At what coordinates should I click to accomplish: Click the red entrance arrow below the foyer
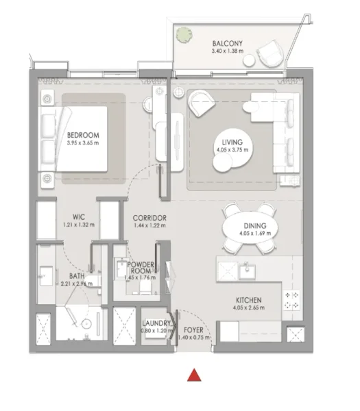tap(194, 375)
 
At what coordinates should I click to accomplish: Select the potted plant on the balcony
tap(184, 34)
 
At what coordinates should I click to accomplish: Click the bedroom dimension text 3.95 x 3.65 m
tap(83, 143)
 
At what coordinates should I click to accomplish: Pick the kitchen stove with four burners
tap(293, 298)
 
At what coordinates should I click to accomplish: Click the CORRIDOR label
tap(150, 217)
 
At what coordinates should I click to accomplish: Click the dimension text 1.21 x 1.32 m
tap(69, 225)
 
